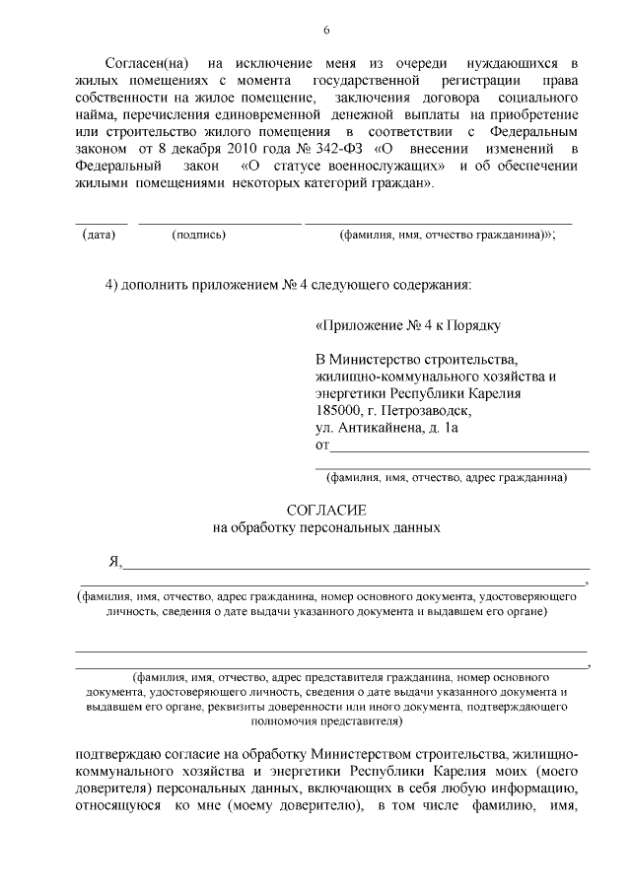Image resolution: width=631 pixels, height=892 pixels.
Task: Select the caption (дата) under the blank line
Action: [x=99, y=236]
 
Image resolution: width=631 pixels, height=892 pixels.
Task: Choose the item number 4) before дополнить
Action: [x=112, y=286]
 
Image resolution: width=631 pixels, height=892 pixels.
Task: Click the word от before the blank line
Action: [x=321, y=446]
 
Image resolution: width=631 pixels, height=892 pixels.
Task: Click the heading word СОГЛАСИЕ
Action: [x=325, y=510]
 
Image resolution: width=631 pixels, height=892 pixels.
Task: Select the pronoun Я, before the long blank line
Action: [x=114, y=562]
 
